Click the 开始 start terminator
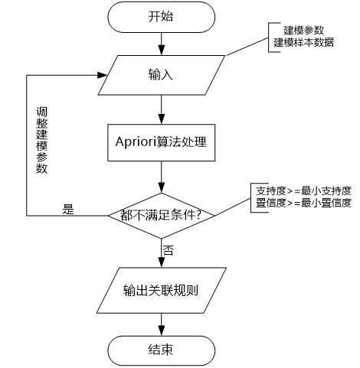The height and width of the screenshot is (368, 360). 162,17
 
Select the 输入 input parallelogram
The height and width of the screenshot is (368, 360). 162,75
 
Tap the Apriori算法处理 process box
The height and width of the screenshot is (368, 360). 162,142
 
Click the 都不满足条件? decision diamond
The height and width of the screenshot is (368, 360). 162,216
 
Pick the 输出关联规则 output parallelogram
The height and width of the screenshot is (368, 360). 162,290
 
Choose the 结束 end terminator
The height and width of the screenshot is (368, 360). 162,350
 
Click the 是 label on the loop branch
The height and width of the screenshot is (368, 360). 68,209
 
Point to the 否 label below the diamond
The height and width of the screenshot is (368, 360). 169,250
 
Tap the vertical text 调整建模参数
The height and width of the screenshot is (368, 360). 41,140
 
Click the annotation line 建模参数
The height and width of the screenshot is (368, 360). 304,31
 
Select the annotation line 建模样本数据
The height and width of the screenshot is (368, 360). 304,42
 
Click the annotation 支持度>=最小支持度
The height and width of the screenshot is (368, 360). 304,191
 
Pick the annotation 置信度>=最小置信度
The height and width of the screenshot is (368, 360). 304,203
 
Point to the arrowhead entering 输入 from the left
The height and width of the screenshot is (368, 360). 103,75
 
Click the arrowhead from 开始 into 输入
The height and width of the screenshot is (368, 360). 162,50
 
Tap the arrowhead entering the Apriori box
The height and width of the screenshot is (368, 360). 162,119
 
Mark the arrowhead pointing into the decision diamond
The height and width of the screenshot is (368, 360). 162,187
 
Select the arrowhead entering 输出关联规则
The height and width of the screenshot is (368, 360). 162,262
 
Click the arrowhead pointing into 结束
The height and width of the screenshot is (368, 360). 162,331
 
